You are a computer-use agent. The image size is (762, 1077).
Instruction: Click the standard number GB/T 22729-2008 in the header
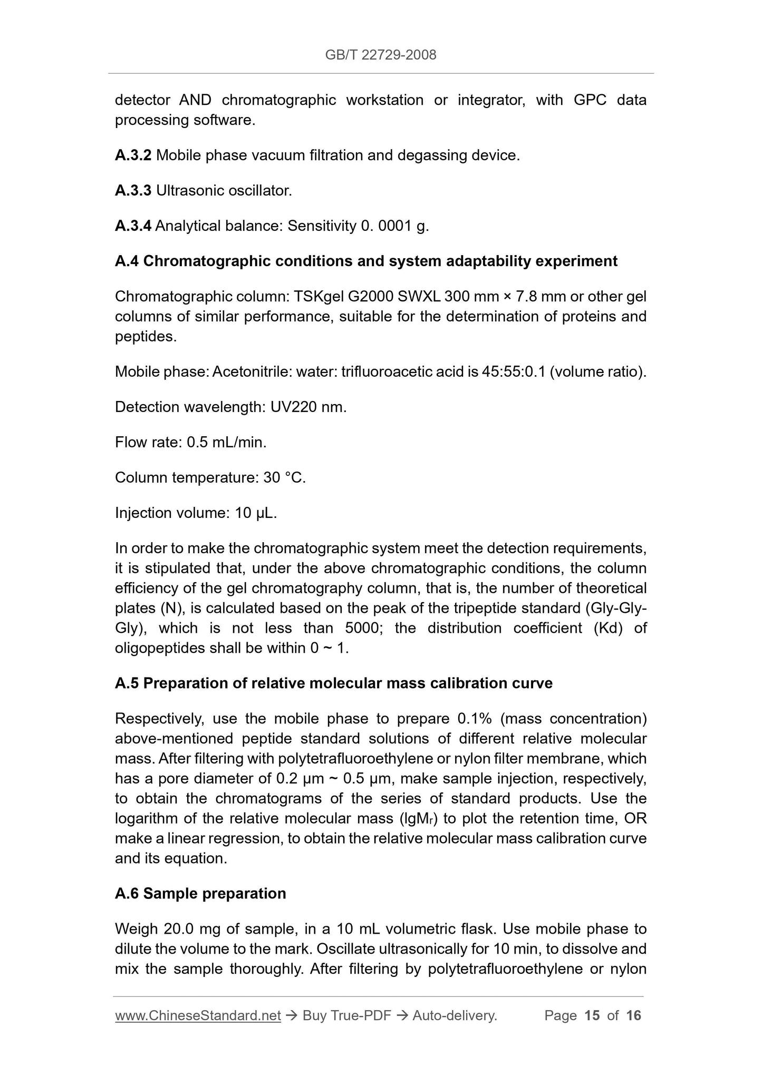(x=381, y=55)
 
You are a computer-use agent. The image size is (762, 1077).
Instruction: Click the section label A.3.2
(x=133, y=155)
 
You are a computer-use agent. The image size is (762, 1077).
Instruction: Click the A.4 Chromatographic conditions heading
(x=366, y=261)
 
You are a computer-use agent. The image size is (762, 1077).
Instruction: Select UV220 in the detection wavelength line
(x=293, y=407)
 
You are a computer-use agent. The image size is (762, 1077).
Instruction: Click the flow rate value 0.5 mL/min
(x=226, y=443)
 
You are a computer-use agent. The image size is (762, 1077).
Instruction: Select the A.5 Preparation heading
(x=334, y=683)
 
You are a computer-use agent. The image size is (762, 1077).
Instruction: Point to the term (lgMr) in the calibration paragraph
(x=419, y=819)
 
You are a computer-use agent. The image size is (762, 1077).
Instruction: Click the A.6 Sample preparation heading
(x=200, y=894)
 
